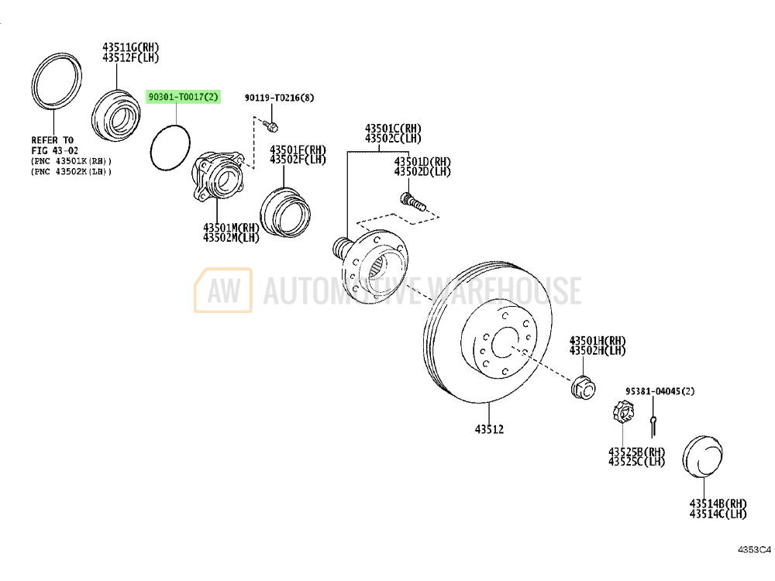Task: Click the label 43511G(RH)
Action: (x=130, y=46)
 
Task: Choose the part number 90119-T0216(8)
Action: (x=280, y=98)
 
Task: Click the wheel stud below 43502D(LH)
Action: (x=410, y=202)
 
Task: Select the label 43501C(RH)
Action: (x=394, y=129)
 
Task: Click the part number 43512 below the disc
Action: (x=489, y=429)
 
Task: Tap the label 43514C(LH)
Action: (x=718, y=514)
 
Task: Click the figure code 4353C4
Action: (x=753, y=550)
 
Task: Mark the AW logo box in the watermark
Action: (x=223, y=290)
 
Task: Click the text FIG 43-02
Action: (x=54, y=151)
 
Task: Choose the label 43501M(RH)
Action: (x=231, y=228)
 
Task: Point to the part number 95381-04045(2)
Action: (x=660, y=392)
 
